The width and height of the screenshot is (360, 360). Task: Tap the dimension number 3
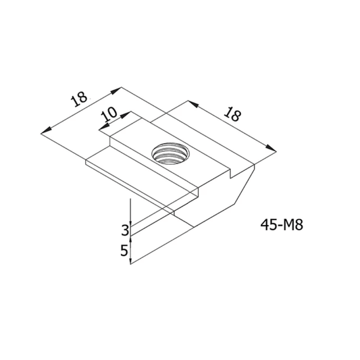(124, 230)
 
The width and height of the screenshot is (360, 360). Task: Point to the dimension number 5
(124, 251)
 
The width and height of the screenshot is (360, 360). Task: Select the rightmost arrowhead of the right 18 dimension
(274, 149)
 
